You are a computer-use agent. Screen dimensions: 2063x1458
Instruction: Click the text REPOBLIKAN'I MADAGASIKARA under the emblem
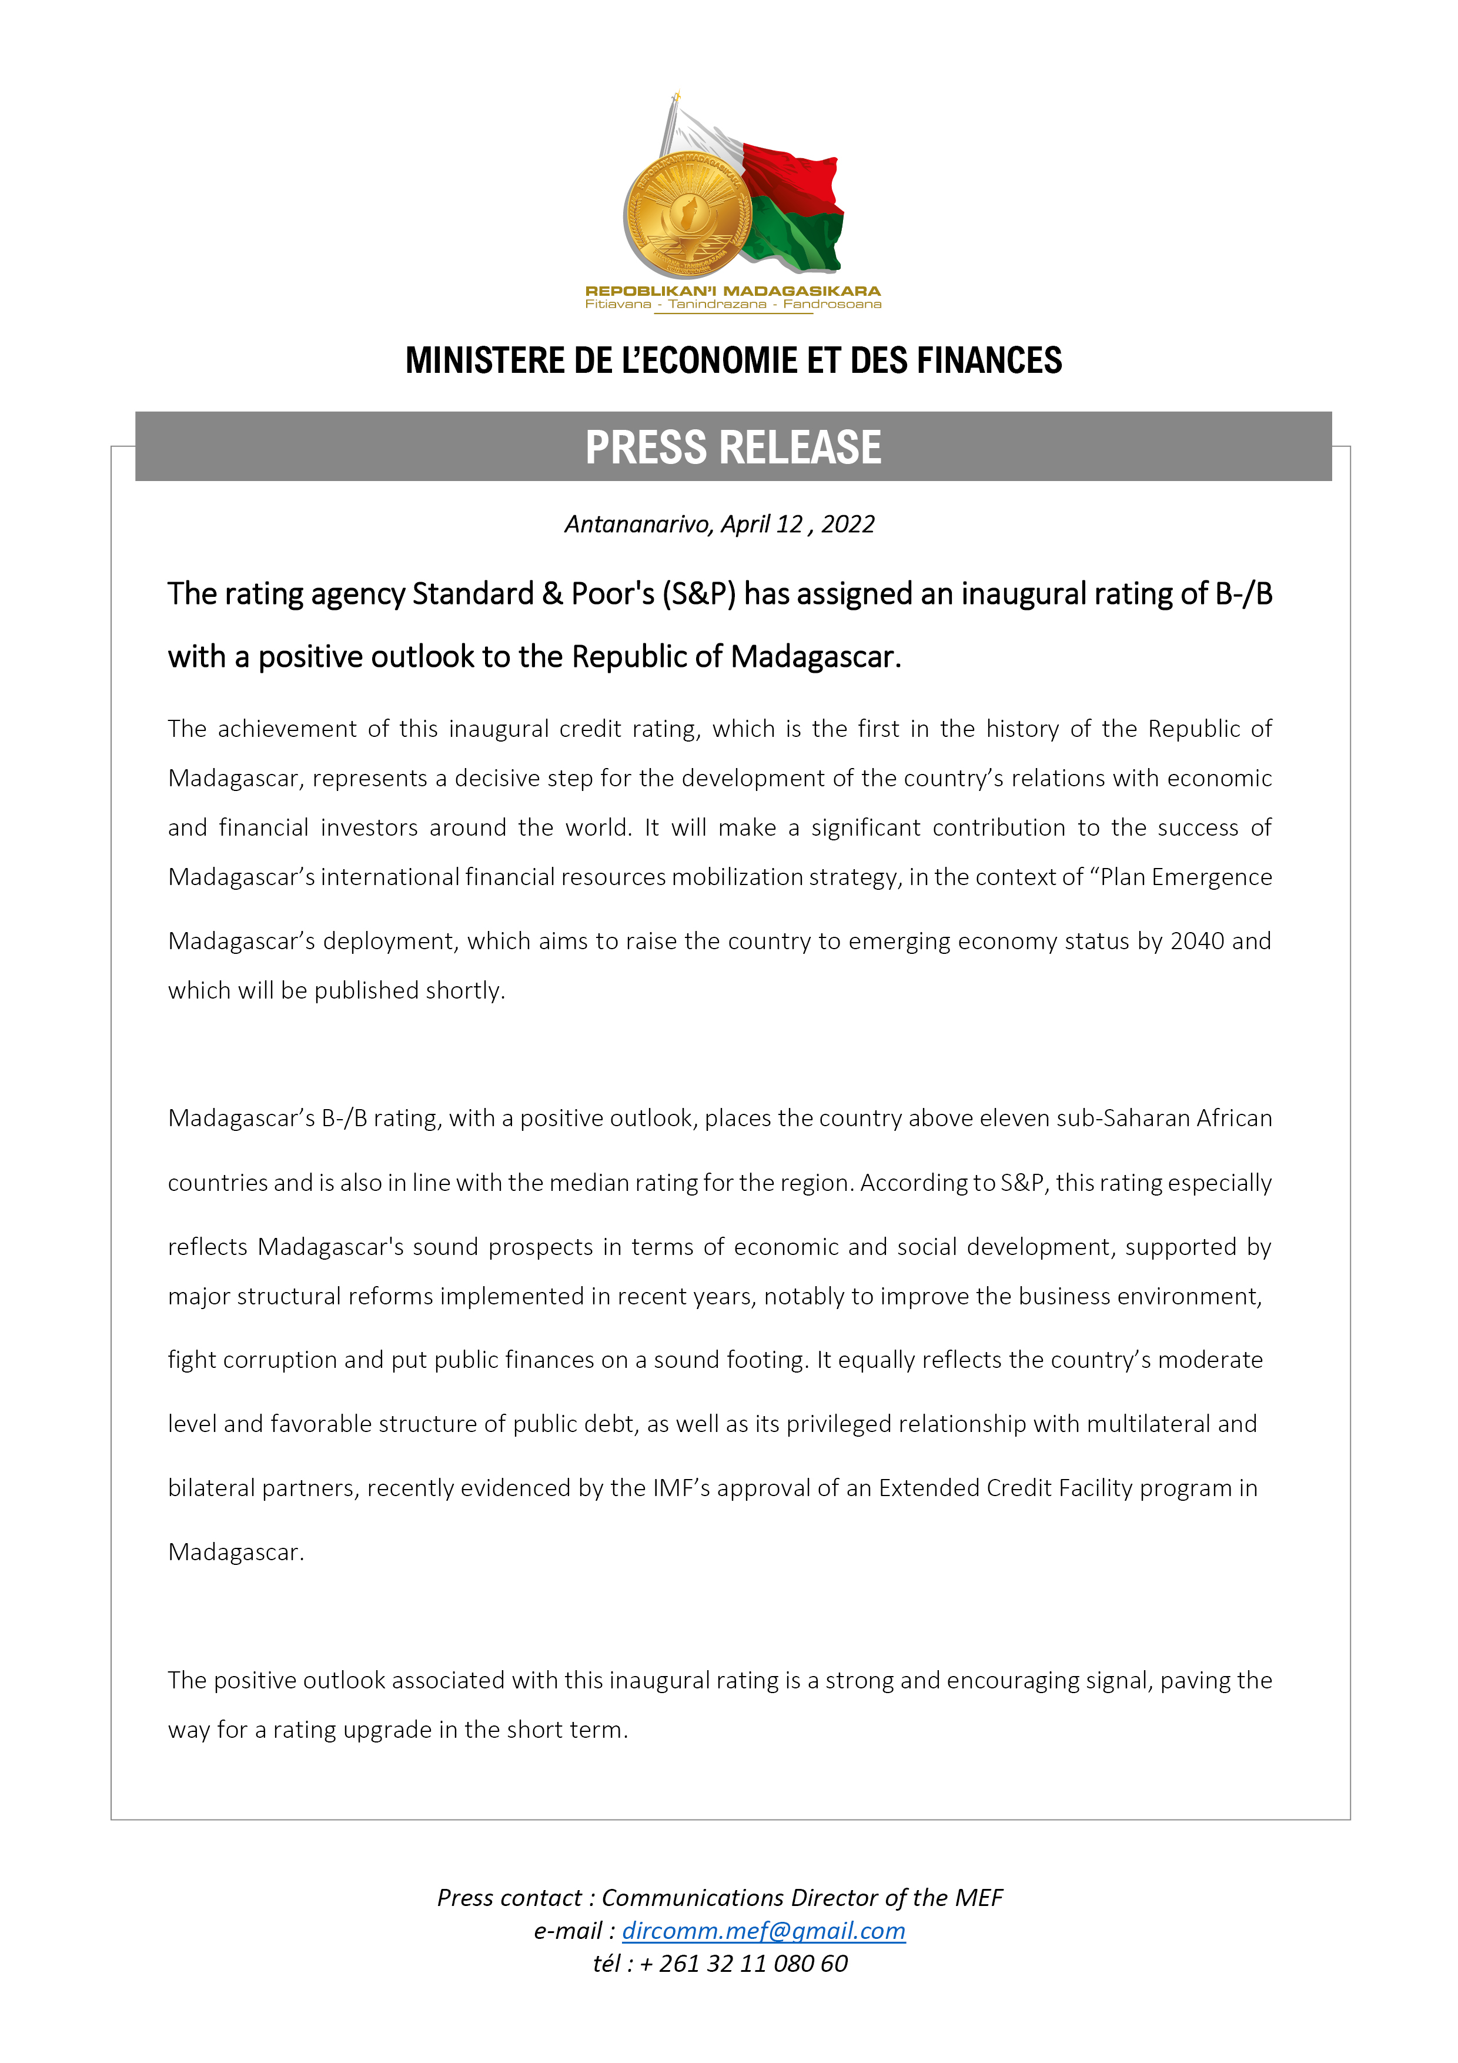(x=732, y=291)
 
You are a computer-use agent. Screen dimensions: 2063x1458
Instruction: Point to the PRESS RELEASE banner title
(x=733, y=448)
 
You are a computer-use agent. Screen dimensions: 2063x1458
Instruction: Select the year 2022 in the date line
(x=847, y=525)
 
